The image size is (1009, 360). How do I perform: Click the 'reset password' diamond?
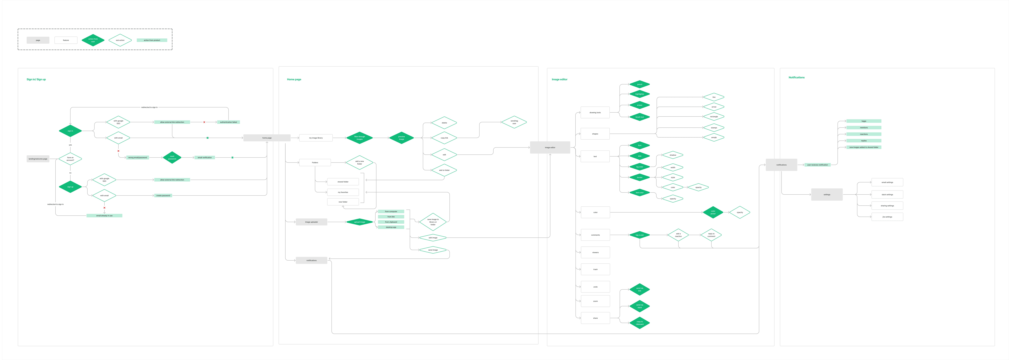pos(172,157)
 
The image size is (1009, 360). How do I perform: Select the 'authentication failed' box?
pos(228,122)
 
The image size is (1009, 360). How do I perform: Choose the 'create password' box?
pos(163,196)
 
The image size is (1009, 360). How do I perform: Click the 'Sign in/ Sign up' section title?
pos(36,80)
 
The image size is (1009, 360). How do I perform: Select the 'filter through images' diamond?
pos(359,138)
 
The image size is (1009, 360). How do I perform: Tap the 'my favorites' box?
pos(343,192)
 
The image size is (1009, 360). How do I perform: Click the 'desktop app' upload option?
pos(391,227)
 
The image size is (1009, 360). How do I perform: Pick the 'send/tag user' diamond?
pos(514,122)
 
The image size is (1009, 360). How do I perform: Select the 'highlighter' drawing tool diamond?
pos(640,94)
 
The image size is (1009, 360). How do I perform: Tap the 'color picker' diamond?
pos(713,212)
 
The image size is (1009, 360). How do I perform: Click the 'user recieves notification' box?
pos(817,165)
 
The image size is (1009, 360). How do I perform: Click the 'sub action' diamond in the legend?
pos(120,40)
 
